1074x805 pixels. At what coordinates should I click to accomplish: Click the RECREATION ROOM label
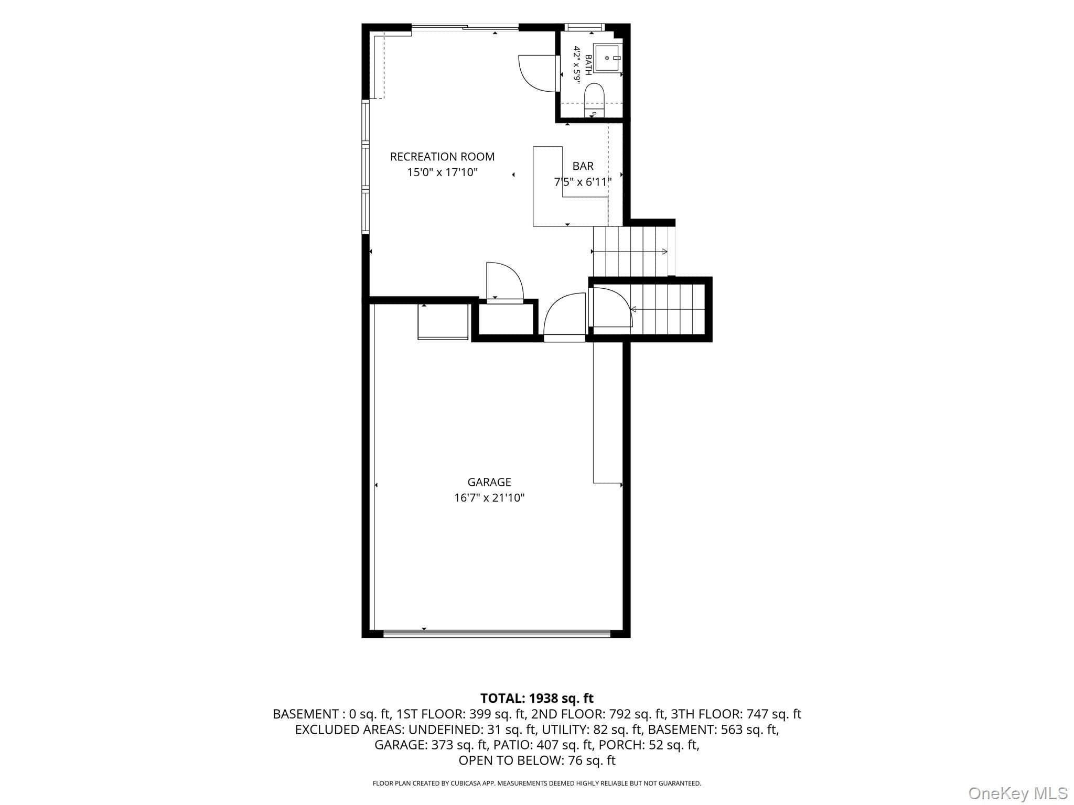tap(442, 157)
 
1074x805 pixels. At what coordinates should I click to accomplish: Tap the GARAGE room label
tap(489, 482)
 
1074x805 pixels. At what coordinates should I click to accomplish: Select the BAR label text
tap(583, 166)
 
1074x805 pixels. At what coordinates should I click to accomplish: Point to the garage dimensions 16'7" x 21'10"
tap(489, 498)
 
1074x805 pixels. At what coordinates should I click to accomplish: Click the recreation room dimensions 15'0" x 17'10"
tap(443, 172)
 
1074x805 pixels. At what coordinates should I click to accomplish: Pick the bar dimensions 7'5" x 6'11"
tap(583, 182)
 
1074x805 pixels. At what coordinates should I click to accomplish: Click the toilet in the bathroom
tap(594, 101)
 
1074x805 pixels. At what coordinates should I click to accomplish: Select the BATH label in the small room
tap(588, 65)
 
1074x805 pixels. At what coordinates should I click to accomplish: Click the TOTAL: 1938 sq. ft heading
tap(537, 698)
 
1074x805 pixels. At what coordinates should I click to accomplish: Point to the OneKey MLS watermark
tap(1018, 793)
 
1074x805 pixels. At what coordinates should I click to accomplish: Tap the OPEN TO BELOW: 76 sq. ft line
tap(537, 760)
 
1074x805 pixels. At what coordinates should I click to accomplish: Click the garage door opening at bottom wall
tap(497, 634)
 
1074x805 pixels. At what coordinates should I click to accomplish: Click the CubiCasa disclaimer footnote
tap(537, 784)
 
